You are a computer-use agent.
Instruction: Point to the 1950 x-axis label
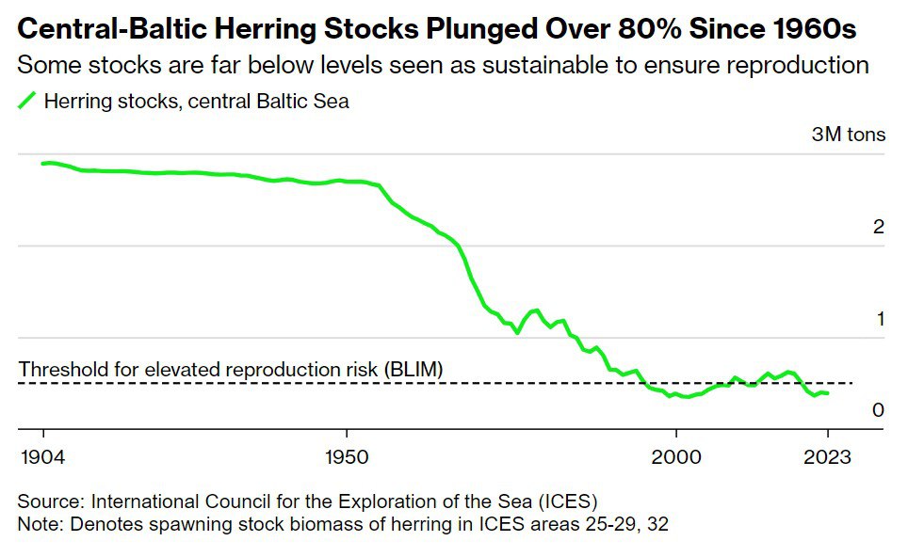[x=348, y=457]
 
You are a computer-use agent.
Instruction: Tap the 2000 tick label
[x=675, y=457]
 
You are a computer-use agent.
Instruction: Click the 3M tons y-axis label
[x=848, y=135]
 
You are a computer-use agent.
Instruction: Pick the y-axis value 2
[x=879, y=227]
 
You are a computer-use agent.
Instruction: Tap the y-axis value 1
[x=880, y=319]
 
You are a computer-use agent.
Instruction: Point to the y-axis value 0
[x=879, y=410]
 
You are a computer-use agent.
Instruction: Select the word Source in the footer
[x=46, y=500]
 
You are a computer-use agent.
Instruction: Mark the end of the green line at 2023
[x=827, y=393]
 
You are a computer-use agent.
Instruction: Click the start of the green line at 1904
[x=43, y=164]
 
